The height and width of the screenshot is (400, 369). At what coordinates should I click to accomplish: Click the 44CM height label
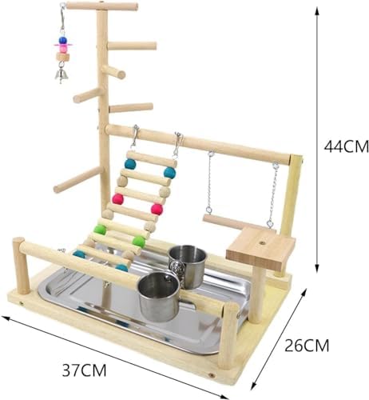[346, 146]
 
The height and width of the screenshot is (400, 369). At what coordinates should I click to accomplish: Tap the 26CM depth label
[307, 346]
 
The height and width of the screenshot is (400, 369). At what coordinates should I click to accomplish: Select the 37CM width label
[84, 370]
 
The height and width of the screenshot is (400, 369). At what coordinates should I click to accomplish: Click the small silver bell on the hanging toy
[61, 74]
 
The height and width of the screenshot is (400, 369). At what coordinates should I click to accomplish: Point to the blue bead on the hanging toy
[62, 40]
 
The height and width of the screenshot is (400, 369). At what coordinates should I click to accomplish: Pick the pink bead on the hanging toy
[63, 48]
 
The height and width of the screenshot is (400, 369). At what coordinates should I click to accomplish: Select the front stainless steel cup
[159, 297]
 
